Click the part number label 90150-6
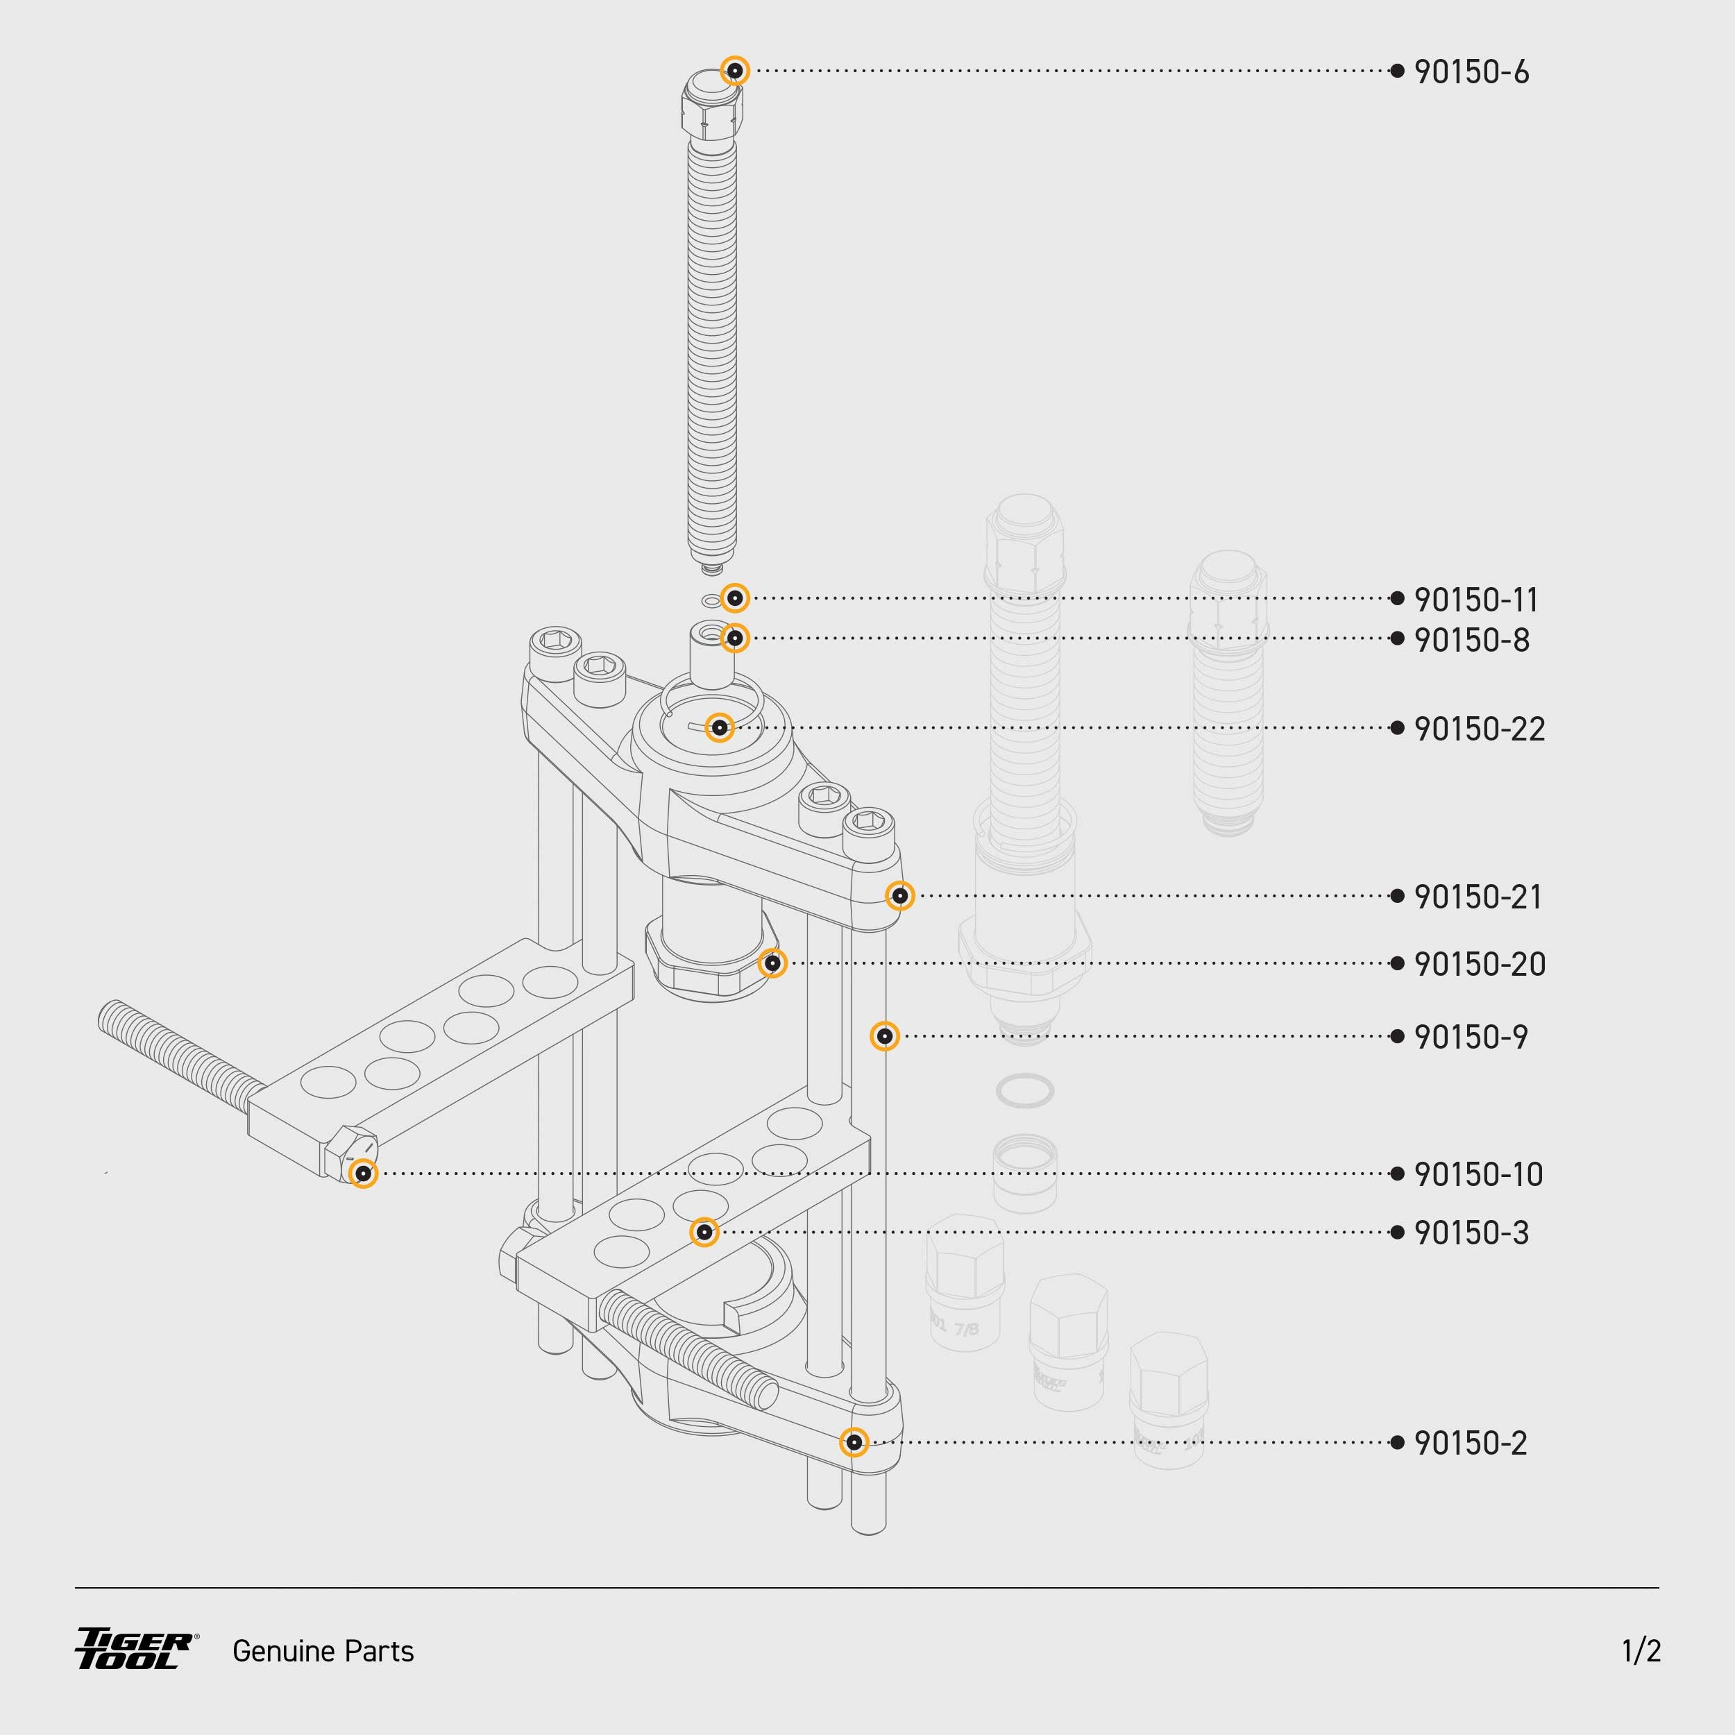(1471, 72)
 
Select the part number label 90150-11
(1475, 599)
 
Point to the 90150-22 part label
(1479, 728)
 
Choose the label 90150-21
(1478, 896)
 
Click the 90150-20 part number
(1479, 963)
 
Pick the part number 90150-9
(1470, 1036)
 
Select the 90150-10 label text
(1478, 1174)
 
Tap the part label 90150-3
(1471, 1232)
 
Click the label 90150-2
(1470, 1442)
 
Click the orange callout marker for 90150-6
(734, 70)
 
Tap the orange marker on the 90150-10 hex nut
(363, 1174)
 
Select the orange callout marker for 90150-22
(719, 727)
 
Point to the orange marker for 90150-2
(854, 1442)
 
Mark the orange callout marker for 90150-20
(772, 963)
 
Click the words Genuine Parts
(323, 1650)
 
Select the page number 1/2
(1641, 1650)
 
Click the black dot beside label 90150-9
(1396, 1036)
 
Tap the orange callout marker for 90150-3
(704, 1232)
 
